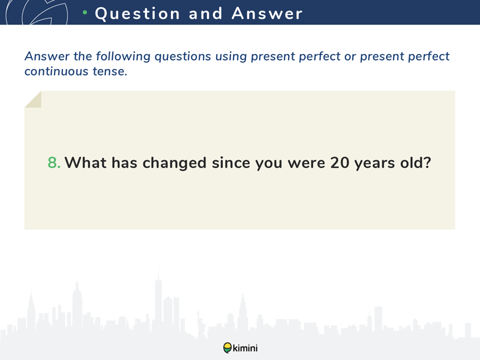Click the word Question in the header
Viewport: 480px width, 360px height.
[137, 14]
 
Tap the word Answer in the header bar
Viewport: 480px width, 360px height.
[267, 13]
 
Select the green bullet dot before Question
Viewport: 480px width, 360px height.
[85, 13]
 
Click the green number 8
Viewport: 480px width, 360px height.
[54, 163]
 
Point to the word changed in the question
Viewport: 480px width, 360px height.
[175, 163]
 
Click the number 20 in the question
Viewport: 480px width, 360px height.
[340, 163]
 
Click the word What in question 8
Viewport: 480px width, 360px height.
[86, 163]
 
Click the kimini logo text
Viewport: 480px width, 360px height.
[245, 348]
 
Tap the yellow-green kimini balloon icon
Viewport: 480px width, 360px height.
[227, 348]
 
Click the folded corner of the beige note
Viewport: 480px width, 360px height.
[33, 99]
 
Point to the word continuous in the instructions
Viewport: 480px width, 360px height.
[56, 71]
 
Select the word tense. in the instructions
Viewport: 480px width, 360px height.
[110, 71]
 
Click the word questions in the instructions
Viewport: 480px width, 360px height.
[183, 57]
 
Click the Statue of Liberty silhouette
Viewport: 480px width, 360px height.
[201, 325]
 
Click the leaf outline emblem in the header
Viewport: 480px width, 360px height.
[37, 12]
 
